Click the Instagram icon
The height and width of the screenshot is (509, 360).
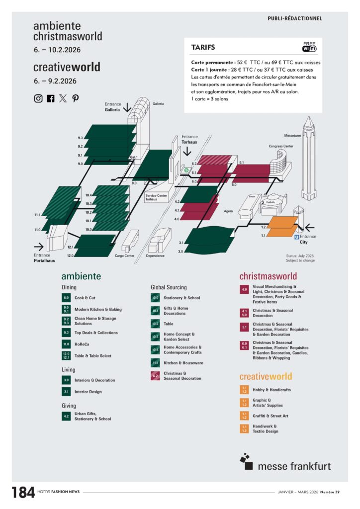(x=38, y=98)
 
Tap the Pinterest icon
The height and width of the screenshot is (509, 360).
(x=76, y=98)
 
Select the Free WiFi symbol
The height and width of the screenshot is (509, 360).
(x=309, y=47)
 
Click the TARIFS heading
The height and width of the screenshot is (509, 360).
(x=203, y=48)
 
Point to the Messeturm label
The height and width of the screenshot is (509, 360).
(x=293, y=135)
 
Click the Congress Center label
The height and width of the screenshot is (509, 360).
(x=281, y=147)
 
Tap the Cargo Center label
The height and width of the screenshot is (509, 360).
(x=125, y=256)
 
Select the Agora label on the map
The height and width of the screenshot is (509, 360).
(x=229, y=211)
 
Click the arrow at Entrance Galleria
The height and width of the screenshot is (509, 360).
(x=127, y=107)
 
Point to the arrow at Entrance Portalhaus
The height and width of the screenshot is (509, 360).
(x=39, y=246)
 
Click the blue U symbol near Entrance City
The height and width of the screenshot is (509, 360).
(x=297, y=237)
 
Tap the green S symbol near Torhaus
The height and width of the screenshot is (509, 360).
(x=186, y=170)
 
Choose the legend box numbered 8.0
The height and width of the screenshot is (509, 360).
(x=66, y=298)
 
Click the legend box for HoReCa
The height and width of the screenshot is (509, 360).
(x=66, y=344)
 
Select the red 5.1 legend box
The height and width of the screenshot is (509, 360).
(x=244, y=328)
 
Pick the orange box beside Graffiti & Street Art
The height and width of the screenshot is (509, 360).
(x=244, y=416)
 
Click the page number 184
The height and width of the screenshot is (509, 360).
(x=23, y=492)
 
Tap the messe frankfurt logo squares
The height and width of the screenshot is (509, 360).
(x=246, y=459)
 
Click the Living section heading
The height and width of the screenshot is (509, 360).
(x=69, y=370)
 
